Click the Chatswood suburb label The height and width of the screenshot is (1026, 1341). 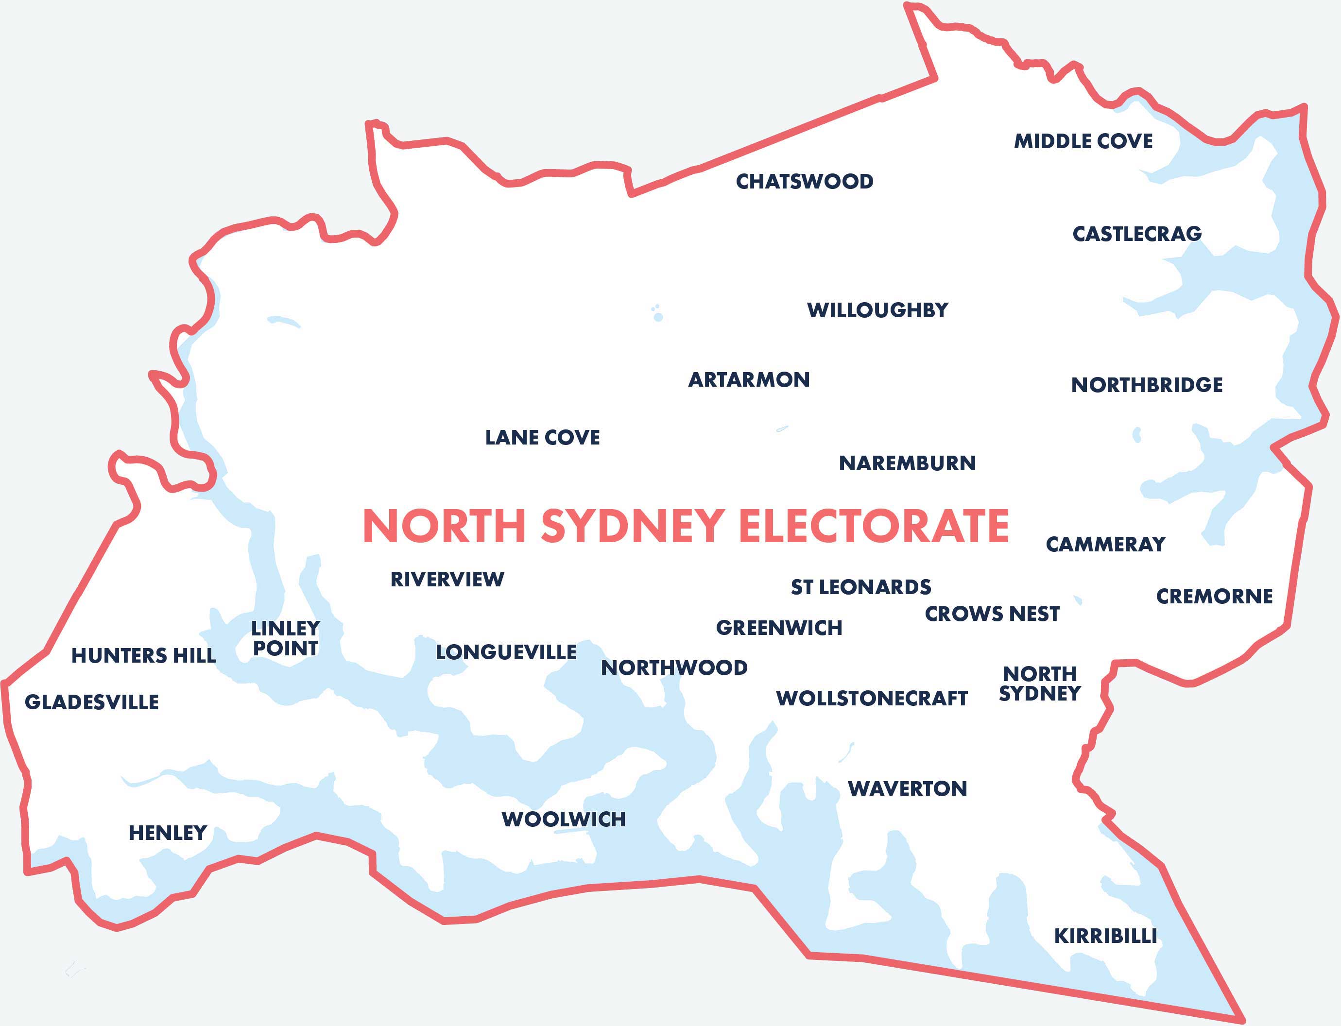(x=804, y=181)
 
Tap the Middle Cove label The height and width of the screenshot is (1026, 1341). (x=1083, y=141)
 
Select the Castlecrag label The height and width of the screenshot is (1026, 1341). (x=1136, y=234)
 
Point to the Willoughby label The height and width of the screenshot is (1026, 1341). (x=877, y=310)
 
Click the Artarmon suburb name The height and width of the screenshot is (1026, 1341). (x=749, y=380)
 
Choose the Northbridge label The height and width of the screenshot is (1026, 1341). (x=1146, y=385)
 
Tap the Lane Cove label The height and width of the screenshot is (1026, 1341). (x=542, y=437)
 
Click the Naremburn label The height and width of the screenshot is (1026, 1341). (x=908, y=463)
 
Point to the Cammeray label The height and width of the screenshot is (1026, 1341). (x=1105, y=544)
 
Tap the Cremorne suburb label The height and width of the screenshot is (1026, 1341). (x=1214, y=596)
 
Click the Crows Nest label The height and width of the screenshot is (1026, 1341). (x=992, y=614)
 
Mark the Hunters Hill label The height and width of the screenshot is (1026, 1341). (x=143, y=655)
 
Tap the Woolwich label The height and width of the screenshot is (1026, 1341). (x=563, y=819)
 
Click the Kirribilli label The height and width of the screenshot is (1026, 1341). (x=1105, y=936)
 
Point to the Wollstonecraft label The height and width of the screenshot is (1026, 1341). (x=871, y=698)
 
